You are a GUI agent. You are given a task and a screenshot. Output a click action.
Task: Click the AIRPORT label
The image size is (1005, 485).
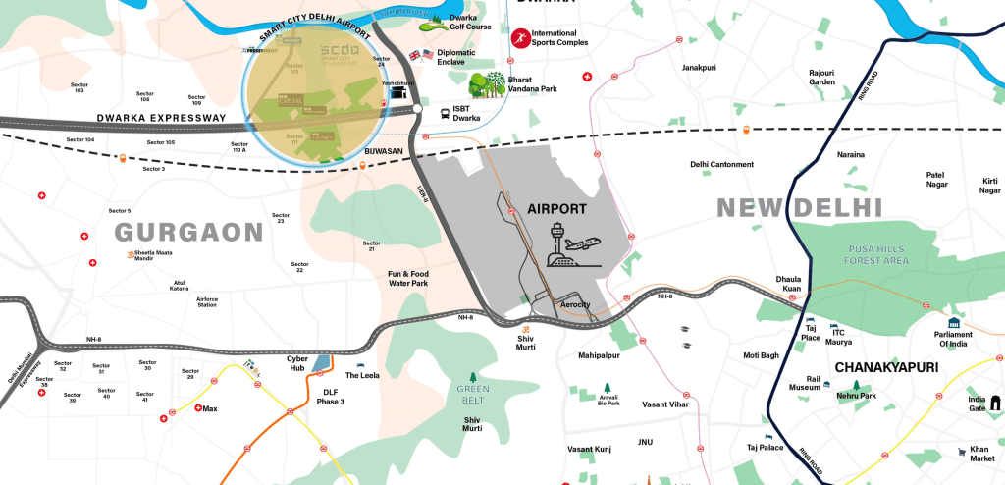556,209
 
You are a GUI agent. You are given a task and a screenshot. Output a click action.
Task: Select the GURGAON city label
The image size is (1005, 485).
189,232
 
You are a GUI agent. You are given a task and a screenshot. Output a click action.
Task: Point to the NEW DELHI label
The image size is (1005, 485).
799,207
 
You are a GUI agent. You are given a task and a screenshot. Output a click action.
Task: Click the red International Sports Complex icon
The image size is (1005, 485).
518,38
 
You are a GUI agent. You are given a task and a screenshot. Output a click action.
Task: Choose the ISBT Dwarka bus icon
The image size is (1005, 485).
446,113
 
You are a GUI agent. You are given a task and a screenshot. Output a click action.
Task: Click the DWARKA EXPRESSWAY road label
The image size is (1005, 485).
161,118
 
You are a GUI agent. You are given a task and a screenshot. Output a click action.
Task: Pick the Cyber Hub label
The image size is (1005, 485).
297,364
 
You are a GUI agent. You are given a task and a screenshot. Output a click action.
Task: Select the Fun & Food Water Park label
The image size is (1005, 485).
407,279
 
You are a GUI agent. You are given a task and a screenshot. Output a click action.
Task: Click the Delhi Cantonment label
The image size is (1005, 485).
721,164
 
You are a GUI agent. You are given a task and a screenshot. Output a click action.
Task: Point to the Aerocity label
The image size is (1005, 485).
574,305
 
